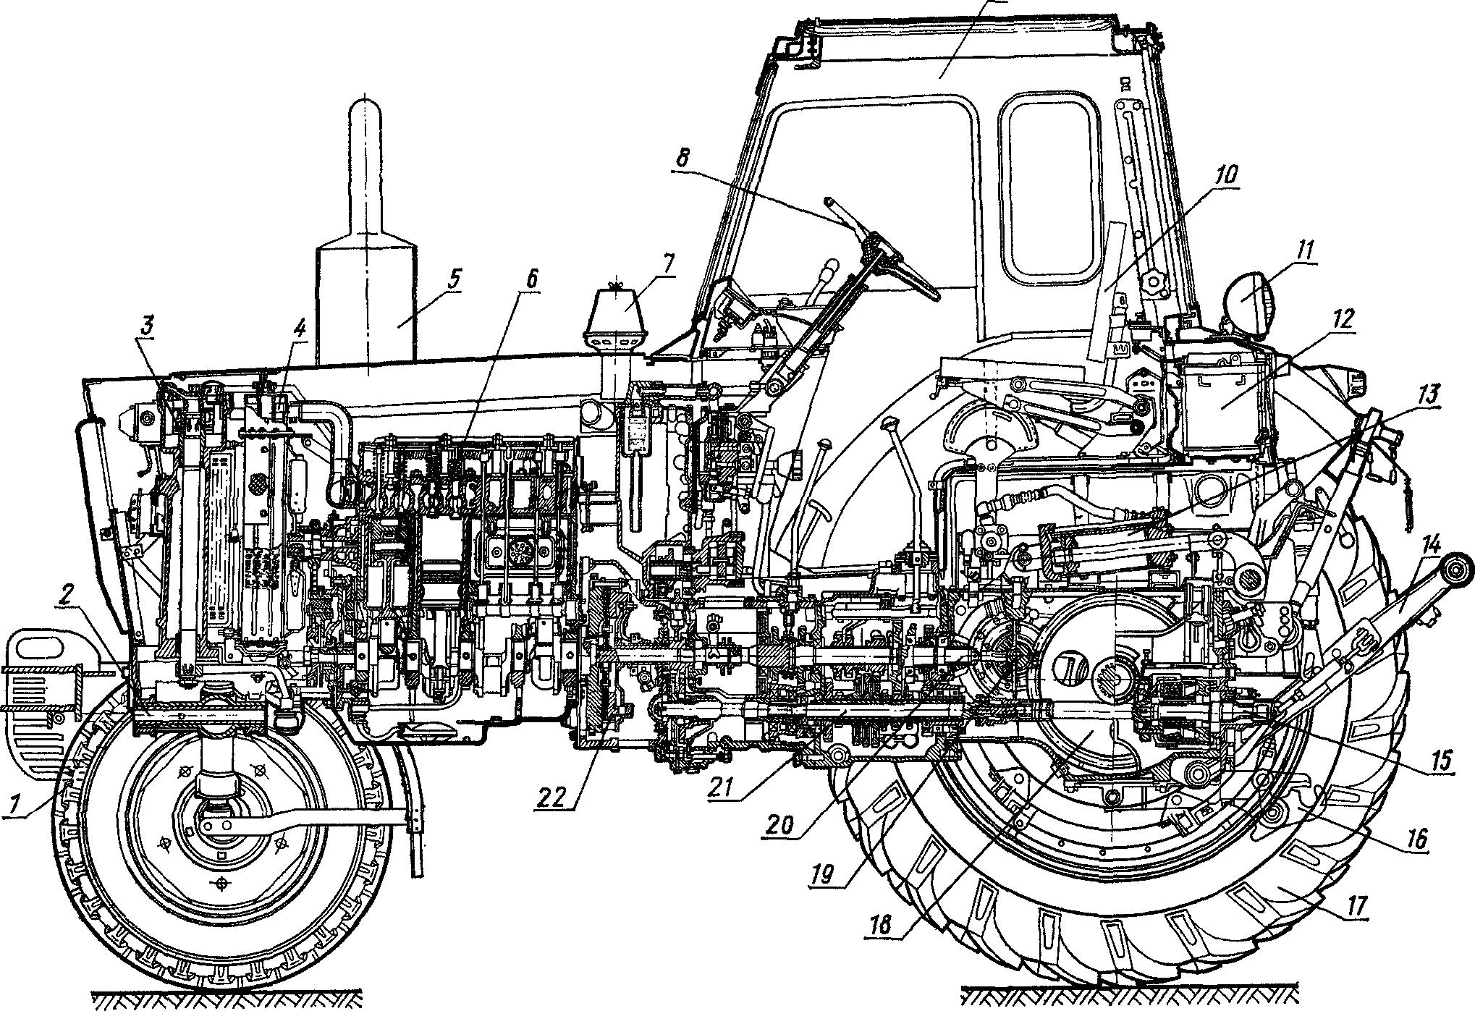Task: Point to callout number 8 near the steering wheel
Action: (677, 159)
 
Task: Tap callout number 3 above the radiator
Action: (147, 326)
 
